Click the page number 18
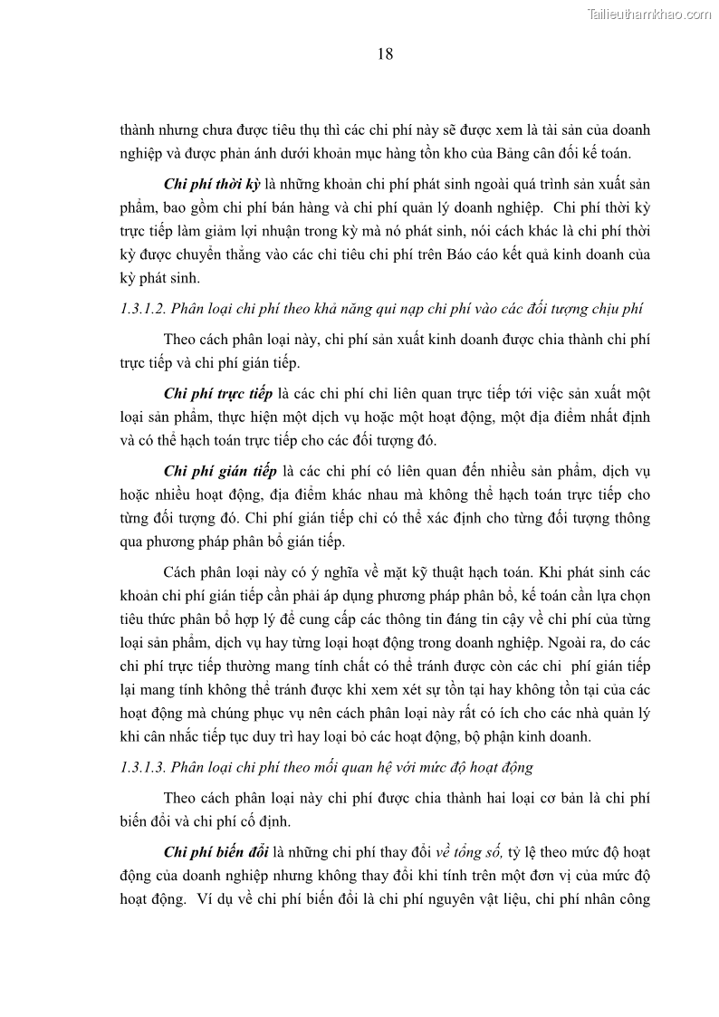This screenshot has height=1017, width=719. click(384, 54)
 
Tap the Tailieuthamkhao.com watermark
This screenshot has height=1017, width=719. click(649, 14)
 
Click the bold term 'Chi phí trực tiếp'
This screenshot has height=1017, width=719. click(218, 394)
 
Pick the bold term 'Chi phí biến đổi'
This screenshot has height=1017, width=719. click(217, 852)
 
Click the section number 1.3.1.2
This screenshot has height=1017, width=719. click(142, 309)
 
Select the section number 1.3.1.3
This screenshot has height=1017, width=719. click(142, 767)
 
